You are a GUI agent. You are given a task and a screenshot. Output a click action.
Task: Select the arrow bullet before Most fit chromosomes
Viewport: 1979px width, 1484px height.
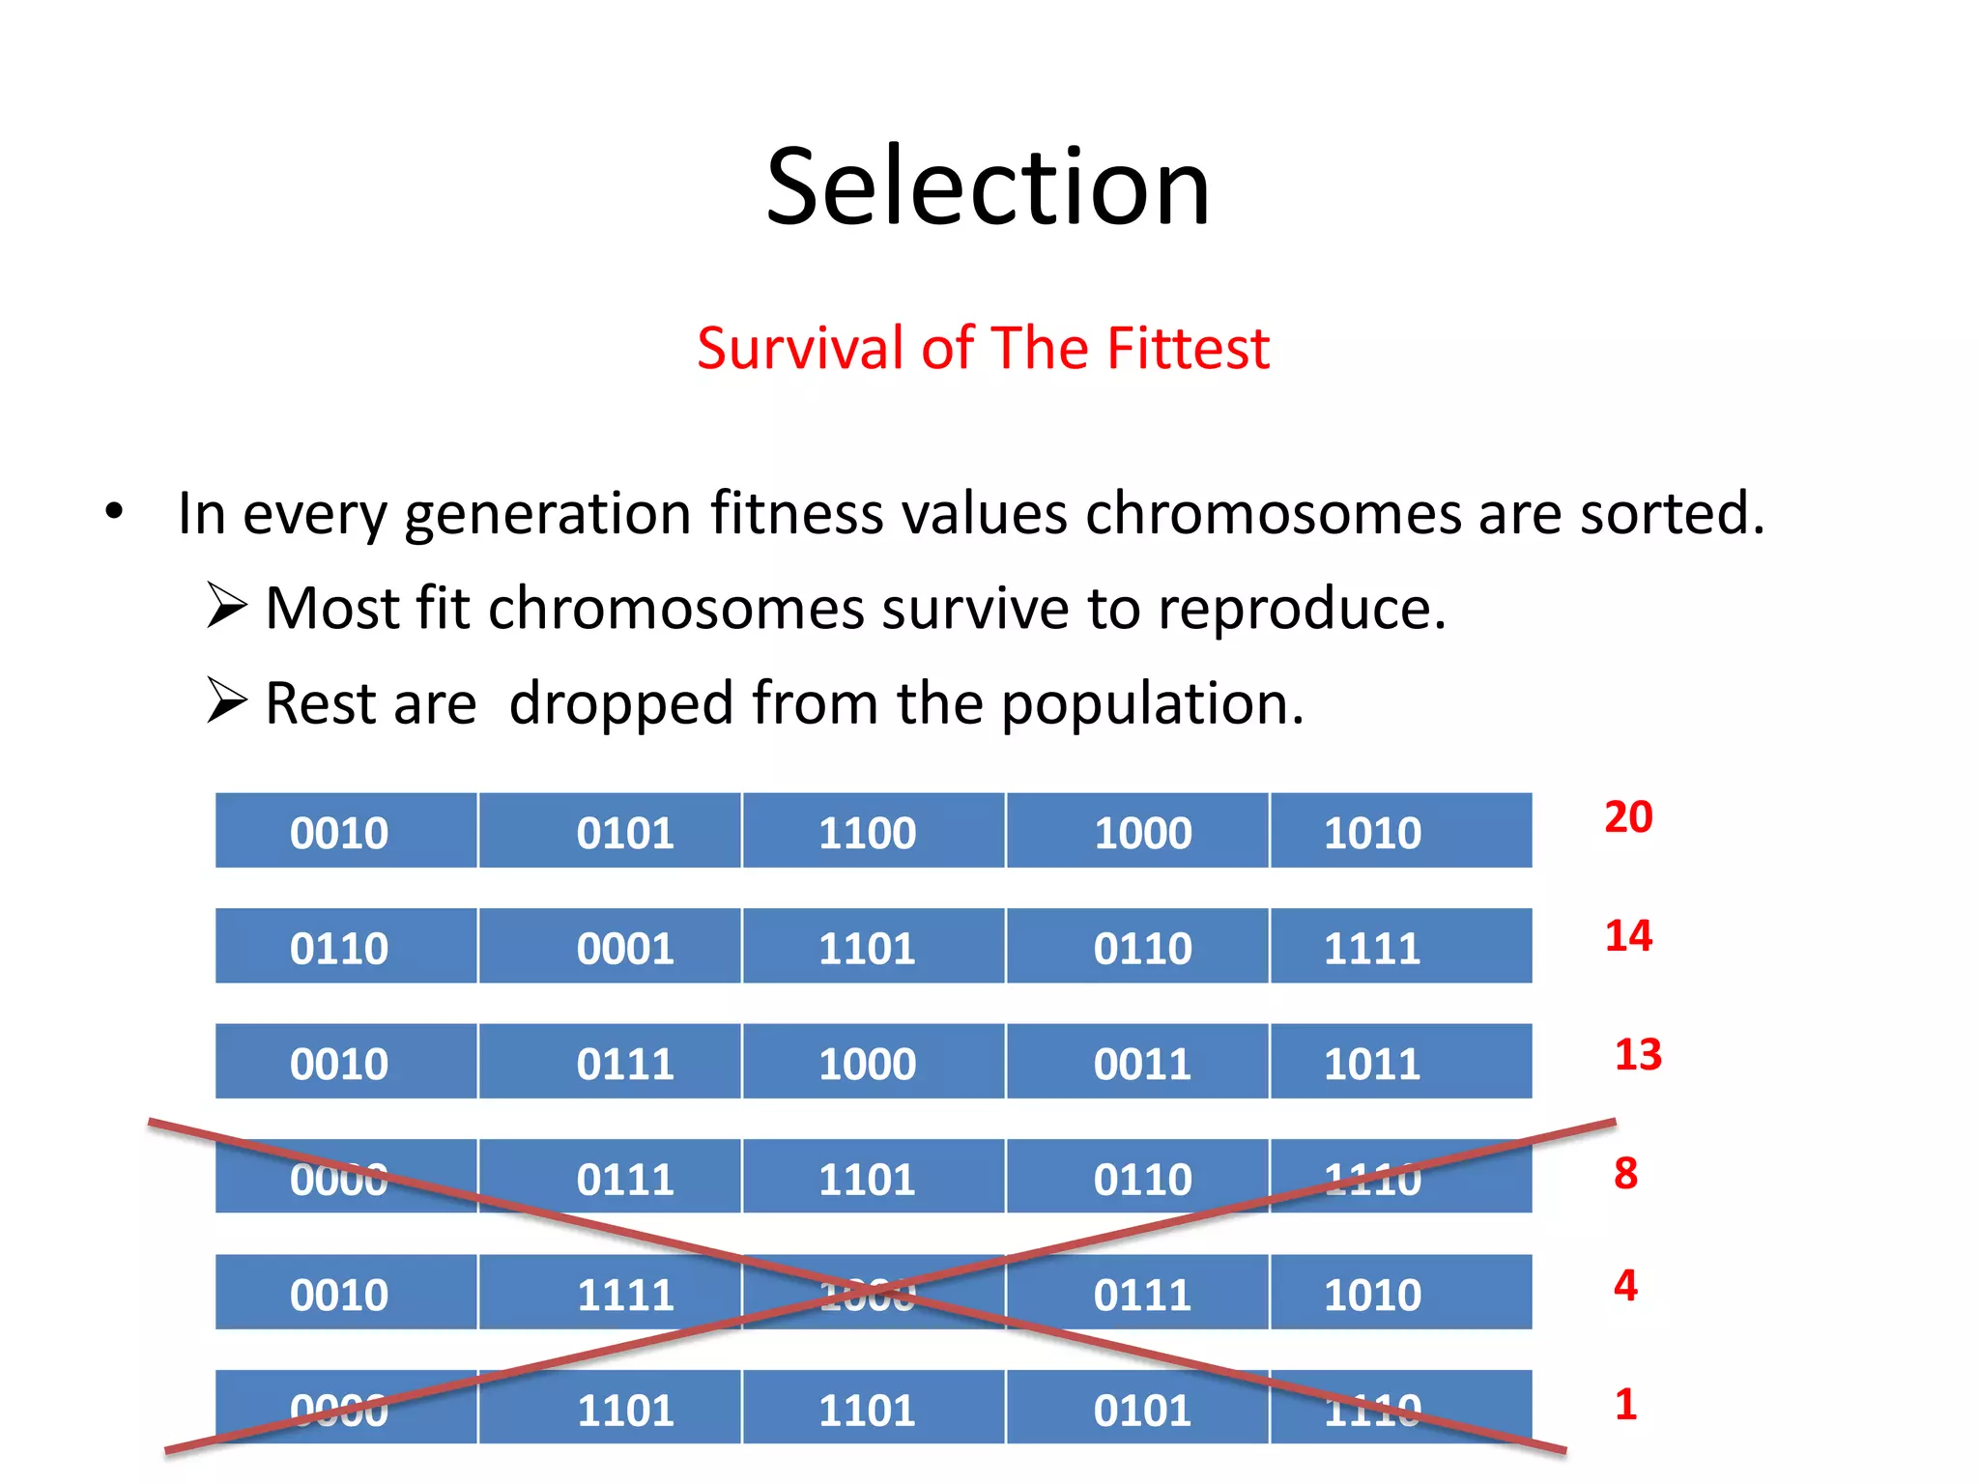click(x=227, y=607)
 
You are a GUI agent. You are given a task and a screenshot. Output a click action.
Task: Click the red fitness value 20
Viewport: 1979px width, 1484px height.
click(x=1628, y=817)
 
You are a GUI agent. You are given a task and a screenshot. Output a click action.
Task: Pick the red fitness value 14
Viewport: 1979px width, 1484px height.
click(x=1628, y=935)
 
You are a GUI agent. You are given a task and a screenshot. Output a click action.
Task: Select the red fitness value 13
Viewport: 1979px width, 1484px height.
click(x=1638, y=1054)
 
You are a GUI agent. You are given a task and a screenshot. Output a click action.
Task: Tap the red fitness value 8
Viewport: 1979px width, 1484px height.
click(x=1625, y=1173)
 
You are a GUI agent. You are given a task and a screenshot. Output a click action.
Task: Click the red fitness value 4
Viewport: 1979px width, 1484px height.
click(x=1625, y=1285)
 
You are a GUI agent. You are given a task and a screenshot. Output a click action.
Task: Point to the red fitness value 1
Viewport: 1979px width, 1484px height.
click(x=1625, y=1404)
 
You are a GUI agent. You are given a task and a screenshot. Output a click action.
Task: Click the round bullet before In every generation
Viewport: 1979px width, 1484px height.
click(x=114, y=512)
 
